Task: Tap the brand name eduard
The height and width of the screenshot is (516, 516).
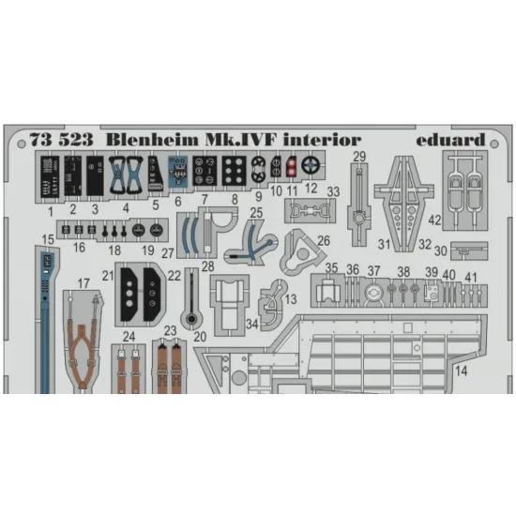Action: tap(448, 139)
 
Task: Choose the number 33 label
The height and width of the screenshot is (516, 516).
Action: tap(333, 192)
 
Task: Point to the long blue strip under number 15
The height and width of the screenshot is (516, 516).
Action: tap(44, 310)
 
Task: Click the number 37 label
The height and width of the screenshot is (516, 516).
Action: tap(372, 271)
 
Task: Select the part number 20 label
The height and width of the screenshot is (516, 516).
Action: tap(198, 336)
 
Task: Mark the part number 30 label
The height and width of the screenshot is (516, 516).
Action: tap(440, 250)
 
